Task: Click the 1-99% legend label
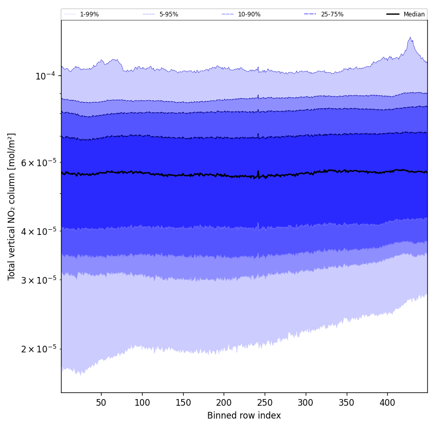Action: (x=89, y=14)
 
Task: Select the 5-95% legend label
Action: (x=169, y=14)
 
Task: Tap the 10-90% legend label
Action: (x=249, y=14)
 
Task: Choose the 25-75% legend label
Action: (x=332, y=14)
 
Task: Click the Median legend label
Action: (x=414, y=14)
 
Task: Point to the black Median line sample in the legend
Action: (x=393, y=14)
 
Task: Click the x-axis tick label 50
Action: (x=101, y=403)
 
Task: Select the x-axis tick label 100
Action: (x=142, y=403)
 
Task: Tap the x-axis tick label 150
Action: (x=183, y=403)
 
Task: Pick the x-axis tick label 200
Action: (x=224, y=403)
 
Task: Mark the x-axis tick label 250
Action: (x=265, y=403)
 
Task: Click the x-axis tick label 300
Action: (x=306, y=403)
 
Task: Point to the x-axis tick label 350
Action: (x=347, y=403)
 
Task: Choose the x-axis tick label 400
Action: (x=387, y=403)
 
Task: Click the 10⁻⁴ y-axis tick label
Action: (x=45, y=76)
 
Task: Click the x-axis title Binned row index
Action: (x=244, y=415)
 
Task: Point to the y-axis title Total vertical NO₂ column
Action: (x=12, y=206)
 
